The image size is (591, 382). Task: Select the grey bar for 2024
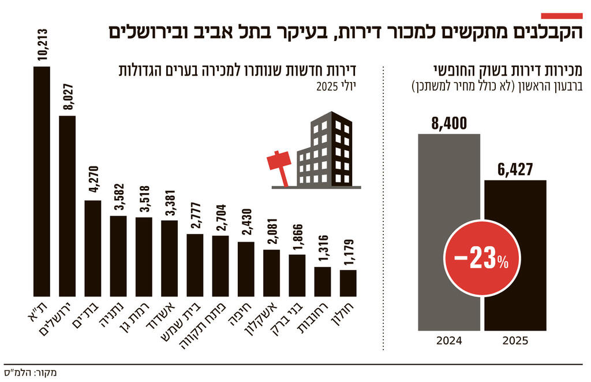click(448, 231)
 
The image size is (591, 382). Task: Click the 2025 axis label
click(515, 340)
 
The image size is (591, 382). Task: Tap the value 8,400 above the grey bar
click(448, 123)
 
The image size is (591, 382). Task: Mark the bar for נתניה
click(118, 254)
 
